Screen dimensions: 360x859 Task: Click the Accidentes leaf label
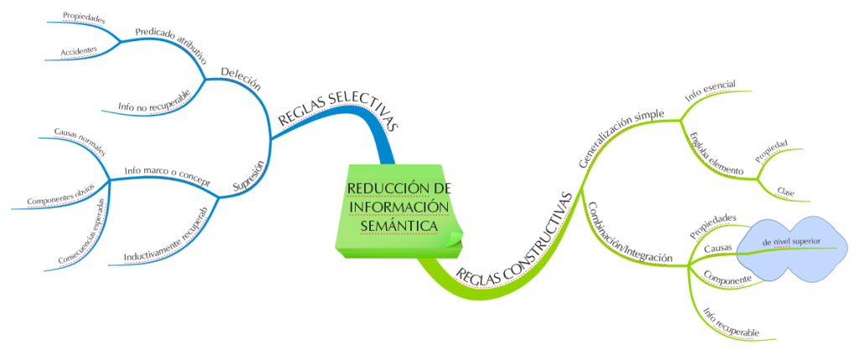coord(79,51)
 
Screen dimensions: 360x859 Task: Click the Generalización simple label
coord(622,138)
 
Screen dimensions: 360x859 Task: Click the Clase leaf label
coord(786,190)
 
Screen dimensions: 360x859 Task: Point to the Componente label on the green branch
coord(726,279)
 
